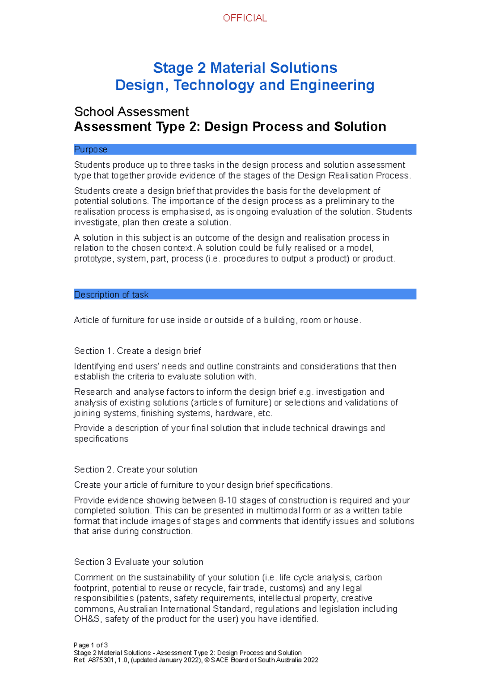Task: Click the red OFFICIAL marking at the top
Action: pos(245,18)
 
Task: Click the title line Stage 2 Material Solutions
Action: pos(245,68)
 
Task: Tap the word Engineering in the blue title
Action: pos(332,85)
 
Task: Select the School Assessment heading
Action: pos(131,111)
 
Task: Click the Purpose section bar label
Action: pos(91,149)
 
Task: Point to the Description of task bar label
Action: pos(111,295)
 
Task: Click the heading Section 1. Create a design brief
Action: pos(137,351)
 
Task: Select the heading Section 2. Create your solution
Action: pos(136,469)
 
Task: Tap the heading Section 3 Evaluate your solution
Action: pos(138,562)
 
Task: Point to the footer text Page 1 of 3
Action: pos(91,645)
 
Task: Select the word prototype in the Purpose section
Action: pos(93,259)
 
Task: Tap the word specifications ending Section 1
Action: pos(101,439)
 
